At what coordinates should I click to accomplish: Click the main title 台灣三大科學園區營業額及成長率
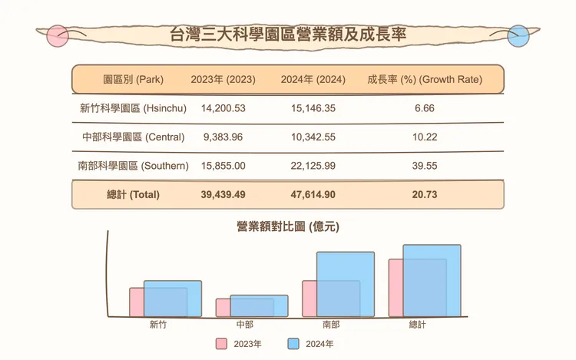(x=287, y=35)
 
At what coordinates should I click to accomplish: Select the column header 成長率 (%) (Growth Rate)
(x=424, y=79)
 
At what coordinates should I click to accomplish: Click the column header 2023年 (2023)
(x=223, y=79)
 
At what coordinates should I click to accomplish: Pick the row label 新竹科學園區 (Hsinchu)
(x=133, y=108)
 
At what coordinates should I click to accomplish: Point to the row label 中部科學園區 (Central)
(x=133, y=137)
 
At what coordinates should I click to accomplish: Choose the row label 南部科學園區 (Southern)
(x=133, y=166)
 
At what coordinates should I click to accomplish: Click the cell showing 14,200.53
(x=223, y=108)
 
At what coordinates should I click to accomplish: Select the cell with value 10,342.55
(x=313, y=137)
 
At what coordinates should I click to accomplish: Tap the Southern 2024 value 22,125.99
(x=313, y=166)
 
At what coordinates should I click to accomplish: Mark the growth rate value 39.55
(x=424, y=166)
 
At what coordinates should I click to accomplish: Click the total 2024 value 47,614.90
(x=313, y=195)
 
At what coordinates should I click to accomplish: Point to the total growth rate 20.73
(x=424, y=195)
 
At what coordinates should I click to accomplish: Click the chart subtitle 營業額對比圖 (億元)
(x=288, y=226)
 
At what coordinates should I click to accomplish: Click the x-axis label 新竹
(x=158, y=325)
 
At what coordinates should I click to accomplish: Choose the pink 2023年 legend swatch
(x=221, y=344)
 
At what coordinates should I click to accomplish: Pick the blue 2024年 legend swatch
(x=293, y=344)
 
